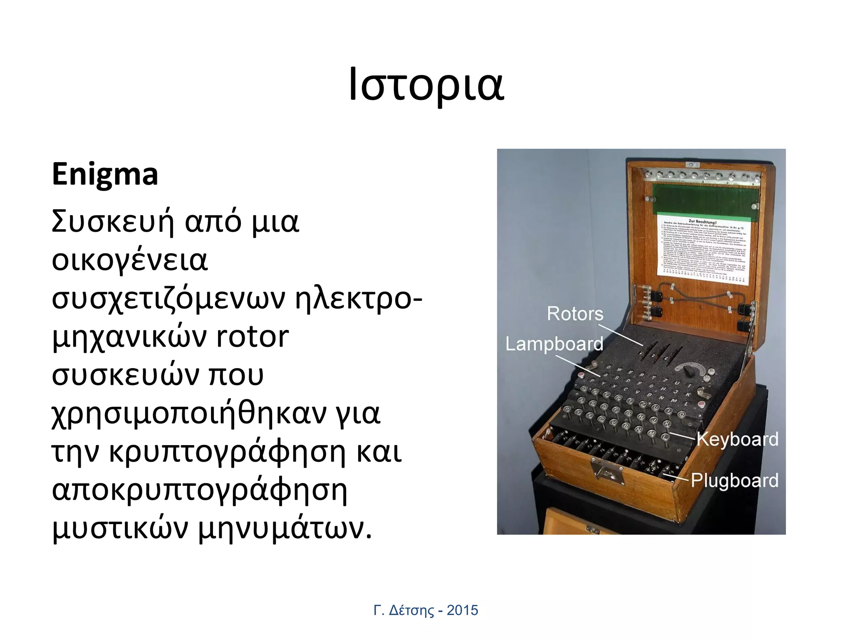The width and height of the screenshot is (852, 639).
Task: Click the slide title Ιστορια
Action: coord(426,86)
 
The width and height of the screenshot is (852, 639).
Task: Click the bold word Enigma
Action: coord(105,174)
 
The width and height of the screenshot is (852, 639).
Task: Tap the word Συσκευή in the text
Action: coord(112,221)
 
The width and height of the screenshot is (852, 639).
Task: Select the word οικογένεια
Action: coord(129,260)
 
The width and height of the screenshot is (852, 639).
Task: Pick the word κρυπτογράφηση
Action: coord(227,452)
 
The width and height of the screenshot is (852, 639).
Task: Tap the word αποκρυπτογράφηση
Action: coord(199,491)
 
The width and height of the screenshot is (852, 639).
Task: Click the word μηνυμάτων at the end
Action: coord(285,529)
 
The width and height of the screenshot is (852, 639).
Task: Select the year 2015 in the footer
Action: coord(462,610)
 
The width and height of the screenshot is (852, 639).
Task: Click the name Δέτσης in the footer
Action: coord(411,611)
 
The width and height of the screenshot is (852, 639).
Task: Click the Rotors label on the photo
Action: coord(575,314)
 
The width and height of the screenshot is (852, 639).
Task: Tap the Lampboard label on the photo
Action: coord(554,344)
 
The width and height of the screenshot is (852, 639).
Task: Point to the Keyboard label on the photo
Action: coord(737,439)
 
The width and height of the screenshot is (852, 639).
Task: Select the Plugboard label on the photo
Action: coord(735,480)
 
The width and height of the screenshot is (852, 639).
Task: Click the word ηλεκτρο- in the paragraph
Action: coord(359,299)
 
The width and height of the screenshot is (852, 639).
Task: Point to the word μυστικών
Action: coord(120,529)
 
